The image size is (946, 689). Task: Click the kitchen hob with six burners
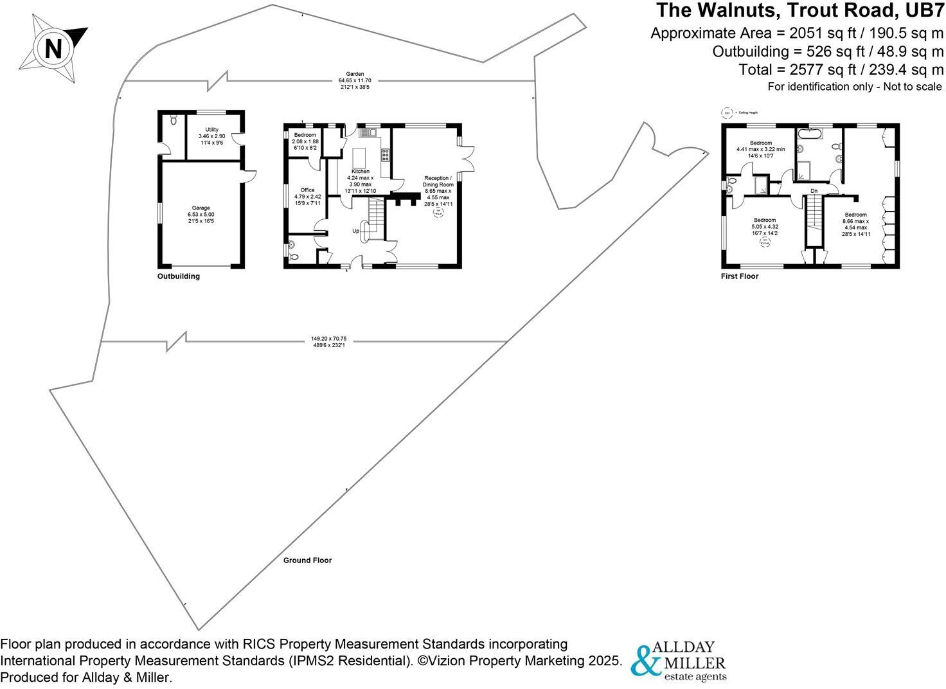coord(386,155)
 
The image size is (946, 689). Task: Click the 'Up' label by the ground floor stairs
coord(355,231)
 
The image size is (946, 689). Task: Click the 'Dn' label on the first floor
coord(814,191)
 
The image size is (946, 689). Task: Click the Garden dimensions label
coord(355,80)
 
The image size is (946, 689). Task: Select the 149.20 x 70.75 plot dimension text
coord(328,342)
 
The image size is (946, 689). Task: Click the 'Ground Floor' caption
coord(307,560)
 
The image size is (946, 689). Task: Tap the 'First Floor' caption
coord(740,276)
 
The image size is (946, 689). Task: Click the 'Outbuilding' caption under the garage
coord(179,276)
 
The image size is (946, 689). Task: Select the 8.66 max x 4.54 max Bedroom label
coord(855,224)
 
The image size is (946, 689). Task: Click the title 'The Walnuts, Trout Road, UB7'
coord(799,11)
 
